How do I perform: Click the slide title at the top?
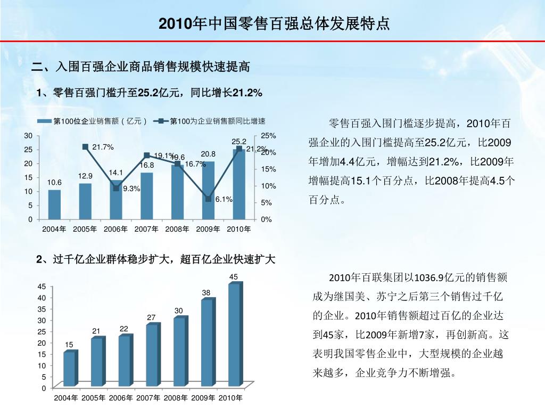coord(274,24)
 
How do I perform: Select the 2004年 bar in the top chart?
coord(54,204)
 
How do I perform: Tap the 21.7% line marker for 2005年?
coord(85,146)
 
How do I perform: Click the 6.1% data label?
coord(224,199)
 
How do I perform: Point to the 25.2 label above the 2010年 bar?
coord(239,142)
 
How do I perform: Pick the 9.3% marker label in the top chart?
coord(131,189)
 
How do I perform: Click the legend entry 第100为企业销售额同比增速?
coord(215,121)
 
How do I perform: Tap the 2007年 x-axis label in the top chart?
coord(146,229)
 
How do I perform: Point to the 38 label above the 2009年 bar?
coord(207,293)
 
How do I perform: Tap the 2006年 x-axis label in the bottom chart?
coord(121,398)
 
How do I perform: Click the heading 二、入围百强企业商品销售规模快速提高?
coord(141,67)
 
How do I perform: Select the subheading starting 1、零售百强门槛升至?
coord(150,94)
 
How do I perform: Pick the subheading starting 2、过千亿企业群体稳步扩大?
coord(156,259)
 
